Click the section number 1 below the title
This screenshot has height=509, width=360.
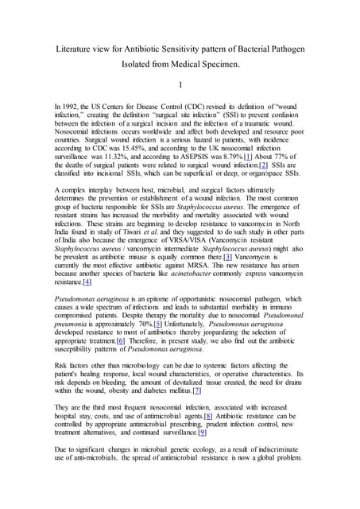pyautogui.click(x=180, y=86)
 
